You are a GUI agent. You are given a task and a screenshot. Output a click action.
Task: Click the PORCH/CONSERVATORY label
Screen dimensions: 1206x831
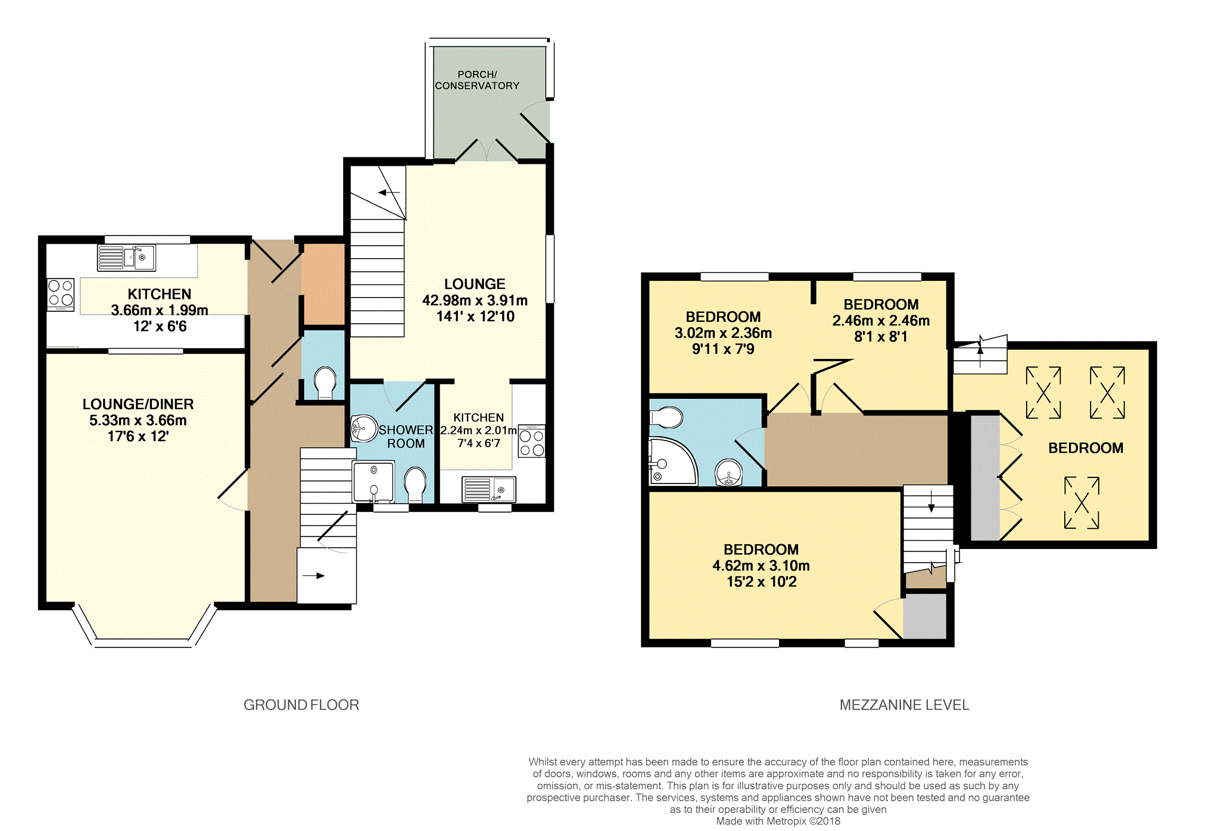(477, 80)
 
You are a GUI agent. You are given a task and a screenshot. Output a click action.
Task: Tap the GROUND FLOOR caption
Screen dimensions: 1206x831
(301, 705)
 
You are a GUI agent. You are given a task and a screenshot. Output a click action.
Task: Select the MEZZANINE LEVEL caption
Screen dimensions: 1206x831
(904, 705)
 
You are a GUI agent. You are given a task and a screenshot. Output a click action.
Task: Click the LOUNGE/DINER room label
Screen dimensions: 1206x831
(138, 404)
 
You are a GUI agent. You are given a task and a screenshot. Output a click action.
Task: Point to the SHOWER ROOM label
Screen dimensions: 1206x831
(406, 437)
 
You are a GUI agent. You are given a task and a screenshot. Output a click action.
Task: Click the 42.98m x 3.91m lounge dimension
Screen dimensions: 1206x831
(475, 300)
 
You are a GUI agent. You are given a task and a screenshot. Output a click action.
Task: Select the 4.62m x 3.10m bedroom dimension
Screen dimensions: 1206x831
(761, 566)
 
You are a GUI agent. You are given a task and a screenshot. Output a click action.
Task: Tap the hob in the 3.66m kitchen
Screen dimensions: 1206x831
(61, 294)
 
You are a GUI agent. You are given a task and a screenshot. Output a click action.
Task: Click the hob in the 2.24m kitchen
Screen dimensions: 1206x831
(532, 441)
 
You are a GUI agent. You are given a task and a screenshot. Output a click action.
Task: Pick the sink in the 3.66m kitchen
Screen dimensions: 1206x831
(126, 258)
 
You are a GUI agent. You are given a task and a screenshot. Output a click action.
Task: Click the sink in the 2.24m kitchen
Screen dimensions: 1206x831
(489, 489)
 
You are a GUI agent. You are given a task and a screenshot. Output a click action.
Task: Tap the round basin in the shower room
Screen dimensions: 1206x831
(364, 428)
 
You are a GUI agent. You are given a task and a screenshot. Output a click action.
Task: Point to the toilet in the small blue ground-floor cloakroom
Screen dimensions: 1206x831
(325, 383)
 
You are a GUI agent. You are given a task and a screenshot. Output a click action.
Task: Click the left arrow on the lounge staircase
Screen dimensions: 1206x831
(389, 193)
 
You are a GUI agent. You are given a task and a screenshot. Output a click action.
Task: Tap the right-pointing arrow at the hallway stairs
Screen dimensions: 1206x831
(313, 576)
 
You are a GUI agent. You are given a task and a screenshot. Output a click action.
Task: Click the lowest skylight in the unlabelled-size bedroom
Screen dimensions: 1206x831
(1082, 503)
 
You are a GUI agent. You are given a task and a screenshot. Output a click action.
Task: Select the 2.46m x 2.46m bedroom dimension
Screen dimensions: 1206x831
(881, 321)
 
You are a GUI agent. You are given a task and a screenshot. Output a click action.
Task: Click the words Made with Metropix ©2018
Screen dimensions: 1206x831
(778, 821)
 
